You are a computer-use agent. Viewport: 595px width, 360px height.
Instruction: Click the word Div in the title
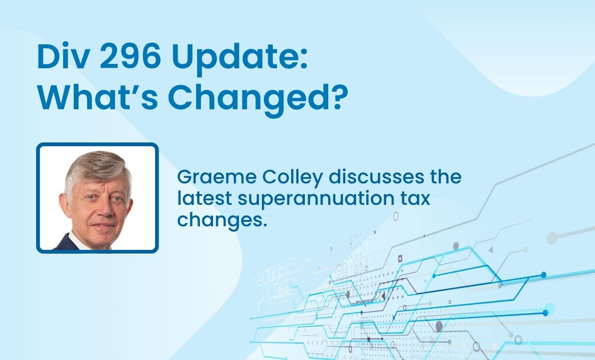[x=63, y=56]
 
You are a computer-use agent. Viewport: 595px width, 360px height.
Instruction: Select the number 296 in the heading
[x=130, y=56]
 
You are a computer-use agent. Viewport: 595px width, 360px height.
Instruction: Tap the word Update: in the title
[x=239, y=59]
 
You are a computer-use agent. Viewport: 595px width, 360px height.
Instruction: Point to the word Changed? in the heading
[x=258, y=100]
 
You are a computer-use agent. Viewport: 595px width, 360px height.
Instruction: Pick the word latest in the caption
[x=205, y=198]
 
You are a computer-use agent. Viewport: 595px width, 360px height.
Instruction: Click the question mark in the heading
[x=340, y=96]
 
